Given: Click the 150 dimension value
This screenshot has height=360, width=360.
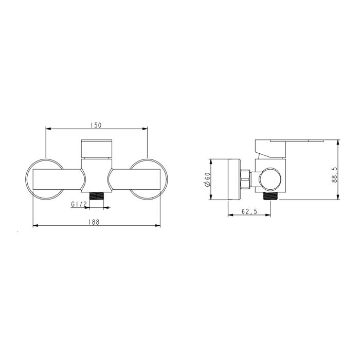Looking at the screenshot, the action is coord(96,125).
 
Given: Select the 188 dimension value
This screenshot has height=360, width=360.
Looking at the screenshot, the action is coord(94,222).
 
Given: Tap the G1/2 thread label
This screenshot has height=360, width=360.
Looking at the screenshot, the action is coord(79,204).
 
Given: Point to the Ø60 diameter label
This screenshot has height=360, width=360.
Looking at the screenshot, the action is coord(207,179).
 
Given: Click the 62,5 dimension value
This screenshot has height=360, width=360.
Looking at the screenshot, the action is coord(249,211).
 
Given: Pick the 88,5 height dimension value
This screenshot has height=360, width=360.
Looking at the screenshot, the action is coord(334,175).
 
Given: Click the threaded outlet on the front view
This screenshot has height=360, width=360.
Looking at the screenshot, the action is coord(97,196).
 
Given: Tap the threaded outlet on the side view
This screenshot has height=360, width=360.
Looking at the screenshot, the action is coord(271,196).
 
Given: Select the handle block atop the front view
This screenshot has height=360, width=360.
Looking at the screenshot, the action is coord(97,148).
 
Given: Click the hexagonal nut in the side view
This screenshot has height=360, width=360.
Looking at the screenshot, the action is coord(245,179).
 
